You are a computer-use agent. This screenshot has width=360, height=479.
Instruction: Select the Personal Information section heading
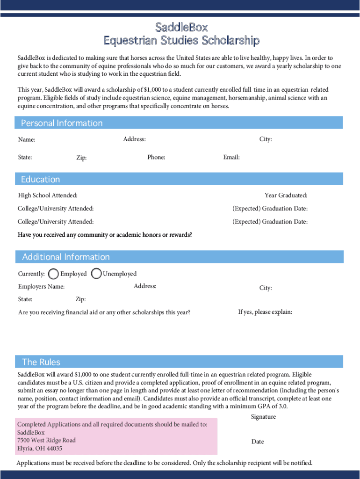[x=62, y=123]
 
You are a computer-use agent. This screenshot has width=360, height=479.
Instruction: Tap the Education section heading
[x=41, y=179]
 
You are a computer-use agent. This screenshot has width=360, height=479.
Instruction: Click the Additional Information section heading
[x=66, y=257]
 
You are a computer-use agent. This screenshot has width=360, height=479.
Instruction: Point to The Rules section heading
[x=41, y=362]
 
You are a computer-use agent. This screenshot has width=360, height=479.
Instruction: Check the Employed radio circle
[x=54, y=274]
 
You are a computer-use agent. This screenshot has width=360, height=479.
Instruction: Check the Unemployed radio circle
[x=96, y=274]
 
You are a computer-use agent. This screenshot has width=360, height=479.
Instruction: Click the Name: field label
[x=27, y=139]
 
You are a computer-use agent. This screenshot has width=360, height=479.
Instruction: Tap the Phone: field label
[x=156, y=157]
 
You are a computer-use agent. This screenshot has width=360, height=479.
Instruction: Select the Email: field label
[x=231, y=157]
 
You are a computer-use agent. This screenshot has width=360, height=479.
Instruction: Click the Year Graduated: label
[x=286, y=196]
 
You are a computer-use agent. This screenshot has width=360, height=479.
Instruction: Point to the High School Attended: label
[x=48, y=195]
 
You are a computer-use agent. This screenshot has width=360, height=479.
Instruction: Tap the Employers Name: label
[x=41, y=286]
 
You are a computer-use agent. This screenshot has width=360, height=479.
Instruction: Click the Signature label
[x=263, y=417]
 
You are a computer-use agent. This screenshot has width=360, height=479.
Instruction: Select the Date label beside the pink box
[x=258, y=442]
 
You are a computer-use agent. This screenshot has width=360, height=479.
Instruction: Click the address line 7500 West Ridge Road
[x=46, y=440]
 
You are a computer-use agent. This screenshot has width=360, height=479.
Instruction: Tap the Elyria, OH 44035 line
[x=40, y=449]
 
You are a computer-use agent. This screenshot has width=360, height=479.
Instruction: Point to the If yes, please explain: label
[x=265, y=312]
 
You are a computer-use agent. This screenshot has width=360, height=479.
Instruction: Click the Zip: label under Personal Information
[x=81, y=158]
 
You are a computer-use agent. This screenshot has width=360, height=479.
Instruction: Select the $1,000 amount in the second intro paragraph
[x=153, y=89]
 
